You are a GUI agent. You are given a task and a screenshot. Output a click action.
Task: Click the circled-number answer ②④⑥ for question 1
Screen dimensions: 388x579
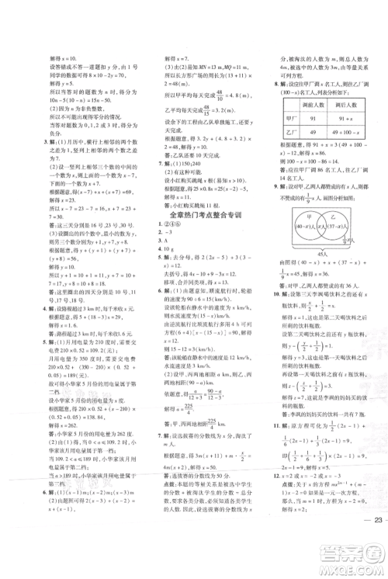click(175, 230)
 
